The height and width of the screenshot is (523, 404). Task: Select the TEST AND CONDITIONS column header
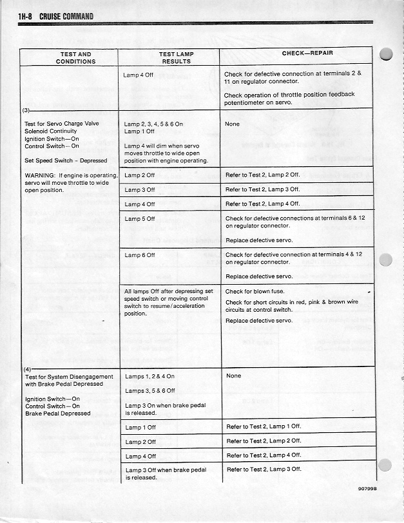tap(75, 58)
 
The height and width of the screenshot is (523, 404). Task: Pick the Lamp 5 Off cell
tap(140, 219)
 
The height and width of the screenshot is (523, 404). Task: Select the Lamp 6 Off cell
tap(140, 255)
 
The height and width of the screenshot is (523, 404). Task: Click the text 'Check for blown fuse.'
tap(255, 292)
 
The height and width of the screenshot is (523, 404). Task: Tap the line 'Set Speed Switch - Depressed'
tap(66, 161)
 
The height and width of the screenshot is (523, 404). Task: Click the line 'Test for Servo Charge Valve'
tap(62, 124)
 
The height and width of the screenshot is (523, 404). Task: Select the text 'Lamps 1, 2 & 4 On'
tap(149, 376)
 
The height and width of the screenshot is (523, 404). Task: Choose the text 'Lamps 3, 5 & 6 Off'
tap(150, 390)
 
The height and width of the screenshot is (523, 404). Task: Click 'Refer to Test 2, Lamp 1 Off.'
tap(264, 426)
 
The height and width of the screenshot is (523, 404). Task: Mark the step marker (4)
tap(27, 368)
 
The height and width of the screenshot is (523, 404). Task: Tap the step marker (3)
tap(27, 109)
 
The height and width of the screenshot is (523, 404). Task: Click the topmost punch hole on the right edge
tap(387, 54)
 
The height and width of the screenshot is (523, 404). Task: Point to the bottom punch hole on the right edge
tap(387, 466)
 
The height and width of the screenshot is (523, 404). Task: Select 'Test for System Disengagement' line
tap(69, 377)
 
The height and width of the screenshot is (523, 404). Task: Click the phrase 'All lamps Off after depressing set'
tap(169, 292)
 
